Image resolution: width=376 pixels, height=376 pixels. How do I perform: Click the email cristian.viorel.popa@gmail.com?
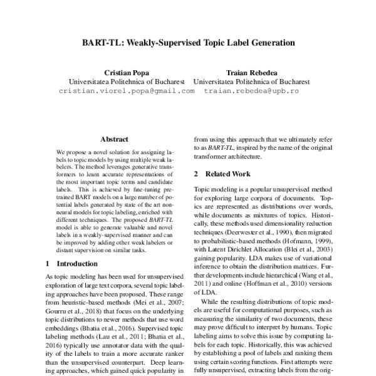[126, 91]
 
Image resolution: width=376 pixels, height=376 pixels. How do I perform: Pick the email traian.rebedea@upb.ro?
[251, 91]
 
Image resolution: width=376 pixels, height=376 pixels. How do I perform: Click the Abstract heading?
[114, 139]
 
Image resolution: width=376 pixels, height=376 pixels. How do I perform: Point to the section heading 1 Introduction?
[72, 264]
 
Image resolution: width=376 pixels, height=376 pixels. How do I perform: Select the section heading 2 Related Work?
[224, 173]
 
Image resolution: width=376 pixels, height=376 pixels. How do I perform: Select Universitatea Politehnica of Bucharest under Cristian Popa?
[126, 81]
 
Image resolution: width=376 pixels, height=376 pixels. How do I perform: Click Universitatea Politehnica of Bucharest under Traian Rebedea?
[251, 81]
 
